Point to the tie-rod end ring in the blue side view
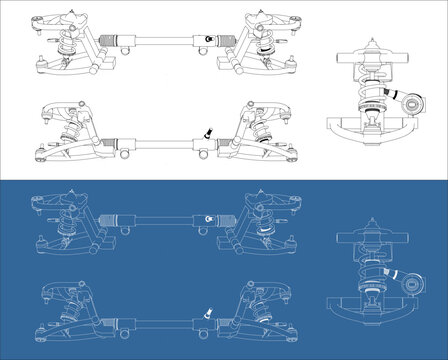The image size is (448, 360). coord(408,279)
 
